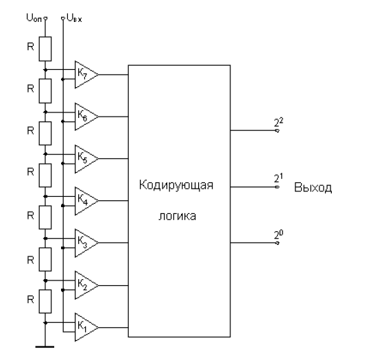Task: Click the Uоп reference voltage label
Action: pos(34,19)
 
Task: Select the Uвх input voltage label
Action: pos(74,19)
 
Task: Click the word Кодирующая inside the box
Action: pos(176,185)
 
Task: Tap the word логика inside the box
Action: pos(177,216)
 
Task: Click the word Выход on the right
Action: pos(313,187)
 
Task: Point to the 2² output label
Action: pos(278,122)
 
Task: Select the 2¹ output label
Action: pos(278,178)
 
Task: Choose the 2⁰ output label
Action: pos(278,235)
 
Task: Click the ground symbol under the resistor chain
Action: pos(45,346)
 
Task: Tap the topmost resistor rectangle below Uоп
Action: pos(45,49)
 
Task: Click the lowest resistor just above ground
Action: pos(45,302)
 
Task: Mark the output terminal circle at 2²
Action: pos(278,130)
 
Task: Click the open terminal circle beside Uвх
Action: pos(63,19)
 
